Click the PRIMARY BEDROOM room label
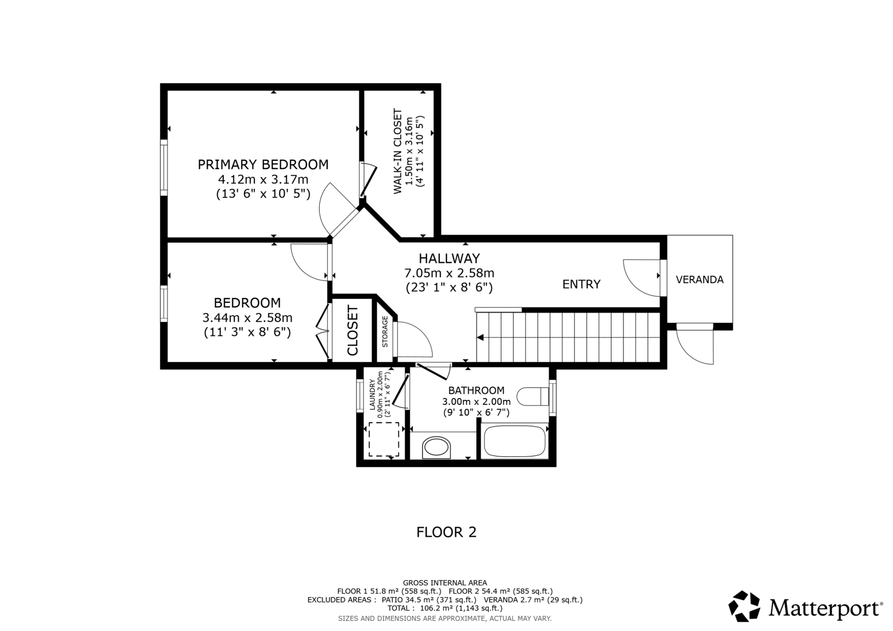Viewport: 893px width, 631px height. pyautogui.click(x=263, y=164)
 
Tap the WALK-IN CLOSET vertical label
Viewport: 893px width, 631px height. pyautogui.click(x=398, y=151)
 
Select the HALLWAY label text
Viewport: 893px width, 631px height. pyautogui.click(x=449, y=258)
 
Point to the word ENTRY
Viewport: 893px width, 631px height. pyautogui.click(x=581, y=284)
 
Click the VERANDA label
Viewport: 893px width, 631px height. pyautogui.click(x=700, y=280)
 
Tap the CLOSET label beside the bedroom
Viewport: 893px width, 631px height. pyautogui.click(x=353, y=330)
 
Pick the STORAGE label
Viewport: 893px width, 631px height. pyautogui.click(x=385, y=331)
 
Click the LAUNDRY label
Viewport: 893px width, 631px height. pyautogui.click(x=372, y=394)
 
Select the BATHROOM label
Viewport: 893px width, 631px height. pyautogui.click(x=477, y=390)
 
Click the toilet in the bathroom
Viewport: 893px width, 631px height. pyautogui.click(x=532, y=397)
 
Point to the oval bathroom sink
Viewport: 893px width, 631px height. pyautogui.click(x=436, y=447)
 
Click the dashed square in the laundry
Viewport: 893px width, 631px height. pyautogui.click(x=383, y=439)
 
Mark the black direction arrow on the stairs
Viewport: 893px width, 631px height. pyautogui.click(x=481, y=338)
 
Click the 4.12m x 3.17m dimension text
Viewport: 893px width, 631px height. pyautogui.click(x=263, y=180)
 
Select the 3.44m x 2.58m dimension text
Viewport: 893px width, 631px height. pyautogui.click(x=248, y=317)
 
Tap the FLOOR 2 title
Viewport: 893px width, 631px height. pyautogui.click(x=446, y=532)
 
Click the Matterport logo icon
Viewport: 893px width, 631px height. pyautogui.click(x=744, y=606)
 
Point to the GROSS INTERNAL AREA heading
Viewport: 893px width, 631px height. pyautogui.click(x=445, y=583)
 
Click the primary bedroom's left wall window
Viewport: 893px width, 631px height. pyautogui.click(x=164, y=167)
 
